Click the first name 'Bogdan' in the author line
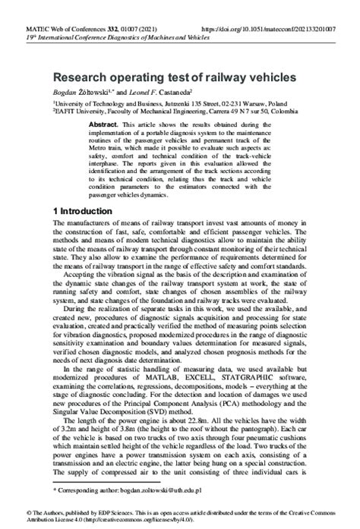tap(66, 91)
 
